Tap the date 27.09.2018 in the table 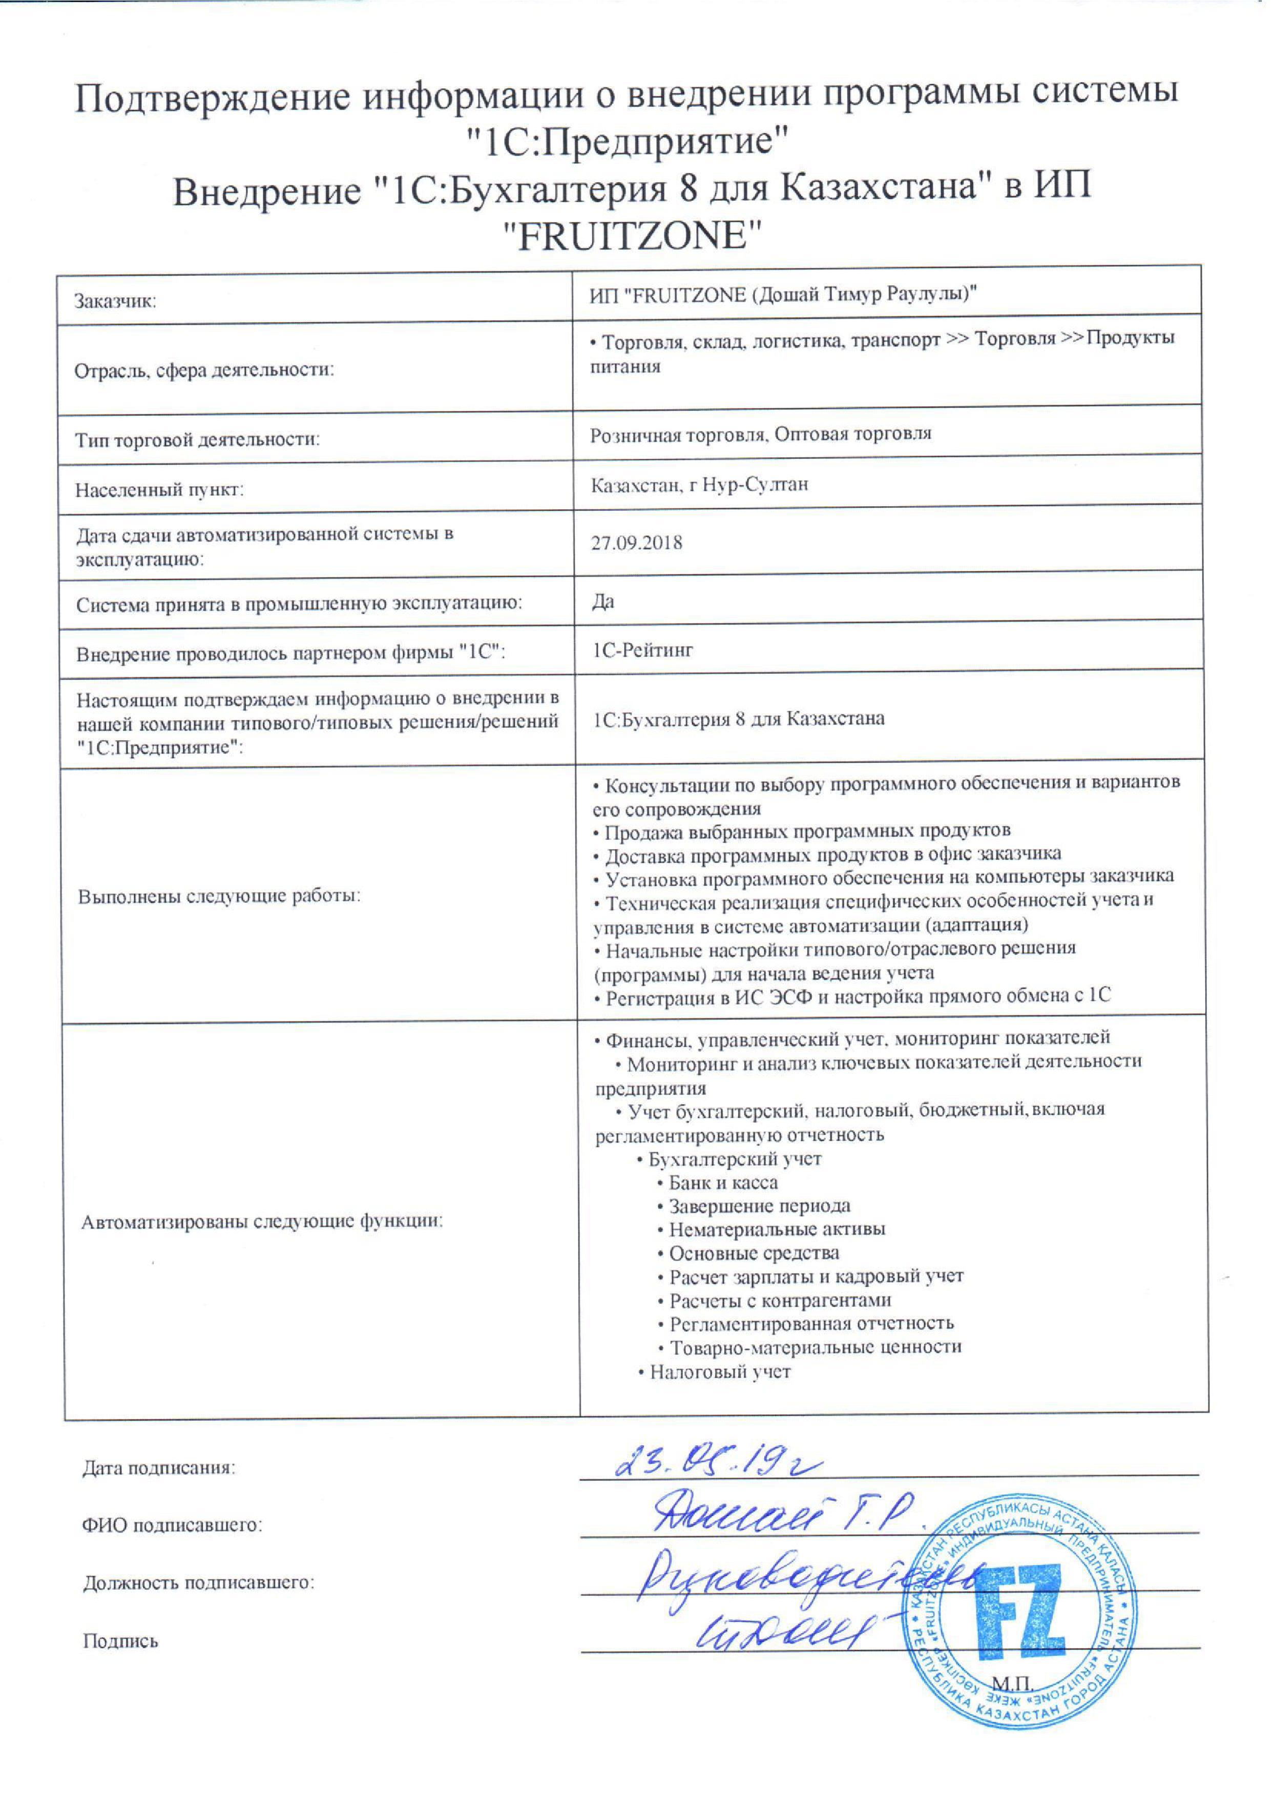click(636, 542)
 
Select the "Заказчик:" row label click(115, 301)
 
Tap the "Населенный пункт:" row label click(160, 490)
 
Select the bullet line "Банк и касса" click(722, 1182)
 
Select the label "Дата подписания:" click(159, 1468)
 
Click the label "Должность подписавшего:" click(199, 1582)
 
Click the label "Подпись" click(120, 1641)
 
